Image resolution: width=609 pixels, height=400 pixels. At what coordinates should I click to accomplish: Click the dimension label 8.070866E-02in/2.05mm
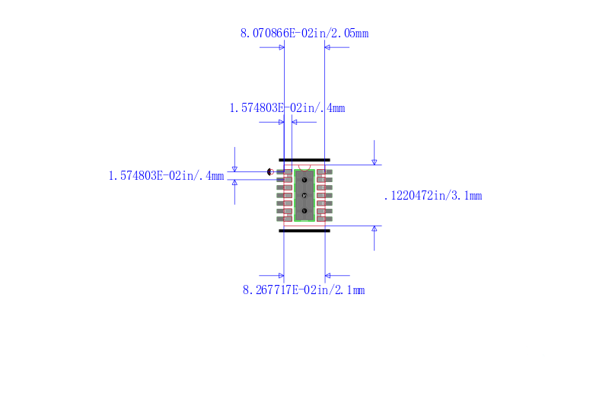304,33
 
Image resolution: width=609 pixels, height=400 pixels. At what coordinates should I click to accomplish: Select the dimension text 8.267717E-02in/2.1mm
304,290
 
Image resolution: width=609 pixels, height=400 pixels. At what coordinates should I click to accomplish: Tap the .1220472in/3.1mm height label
432,196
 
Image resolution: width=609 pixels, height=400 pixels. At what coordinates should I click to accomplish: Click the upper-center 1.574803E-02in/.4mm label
287,108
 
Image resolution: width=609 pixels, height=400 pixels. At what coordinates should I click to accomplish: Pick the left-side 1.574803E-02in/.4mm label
166,176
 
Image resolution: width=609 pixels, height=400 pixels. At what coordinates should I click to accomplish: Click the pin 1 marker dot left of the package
270,172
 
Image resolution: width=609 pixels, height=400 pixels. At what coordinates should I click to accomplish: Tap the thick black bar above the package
304,160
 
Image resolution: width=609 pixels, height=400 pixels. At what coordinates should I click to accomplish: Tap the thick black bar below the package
304,230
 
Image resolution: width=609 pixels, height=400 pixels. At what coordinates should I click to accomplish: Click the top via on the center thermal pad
304,180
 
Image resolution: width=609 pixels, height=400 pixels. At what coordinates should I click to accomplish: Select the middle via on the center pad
304,195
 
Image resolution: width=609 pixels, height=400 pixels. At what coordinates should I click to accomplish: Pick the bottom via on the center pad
304,210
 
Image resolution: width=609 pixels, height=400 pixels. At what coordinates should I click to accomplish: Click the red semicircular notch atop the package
304,168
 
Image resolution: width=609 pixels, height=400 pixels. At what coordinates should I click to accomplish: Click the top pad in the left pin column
284,172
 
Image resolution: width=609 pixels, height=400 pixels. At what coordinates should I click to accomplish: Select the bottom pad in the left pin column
284,219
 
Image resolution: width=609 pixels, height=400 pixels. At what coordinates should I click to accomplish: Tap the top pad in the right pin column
325,172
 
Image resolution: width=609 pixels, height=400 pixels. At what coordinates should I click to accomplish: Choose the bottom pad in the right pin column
325,219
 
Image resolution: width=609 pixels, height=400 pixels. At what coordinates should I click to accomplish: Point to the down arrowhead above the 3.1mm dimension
374,162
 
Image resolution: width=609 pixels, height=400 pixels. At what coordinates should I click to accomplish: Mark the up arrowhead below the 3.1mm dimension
374,229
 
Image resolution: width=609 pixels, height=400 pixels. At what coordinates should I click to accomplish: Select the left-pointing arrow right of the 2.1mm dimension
329,275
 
